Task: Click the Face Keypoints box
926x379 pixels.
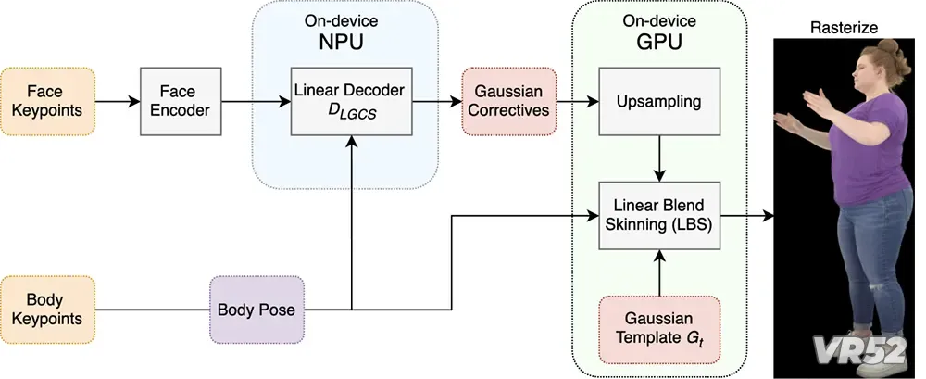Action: pyautogui.click(x=48, y=102)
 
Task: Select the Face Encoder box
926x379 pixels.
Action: pyautogui.click(x=181, y=102)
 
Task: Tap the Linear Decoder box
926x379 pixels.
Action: pyautogui.click(x=351, y=102)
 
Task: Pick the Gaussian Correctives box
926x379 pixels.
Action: pyautogui.click(x=509, y=102)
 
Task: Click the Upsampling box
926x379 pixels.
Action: pyautogui.click(x=659, y=102)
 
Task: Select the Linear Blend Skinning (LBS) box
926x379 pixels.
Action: pyautogui.click(x=659, y=216)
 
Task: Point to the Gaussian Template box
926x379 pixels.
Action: pyautogui.click(x=659, y=330)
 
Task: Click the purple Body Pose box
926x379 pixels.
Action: pyautogui.click(x=257, y=310)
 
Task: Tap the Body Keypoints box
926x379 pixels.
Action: pyautogui.click(x=48, y=310)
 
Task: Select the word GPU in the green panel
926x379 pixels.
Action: pyautogui.click(x=660, y=42)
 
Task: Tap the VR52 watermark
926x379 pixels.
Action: pyautogui.click(x=858, y=349)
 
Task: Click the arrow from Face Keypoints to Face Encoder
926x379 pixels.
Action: pyautogui.click(x=118, y=102)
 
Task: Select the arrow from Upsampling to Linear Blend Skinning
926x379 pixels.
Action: pyautogui.click(x=659, y=158)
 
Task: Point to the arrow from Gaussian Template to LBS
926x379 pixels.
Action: pyautogui.click(x=659, y=272)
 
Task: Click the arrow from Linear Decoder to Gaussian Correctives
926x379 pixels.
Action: pyautogui.click(x=437, y=102)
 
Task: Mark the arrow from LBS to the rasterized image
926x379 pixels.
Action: pyautogui.click(x=747, y=216)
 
